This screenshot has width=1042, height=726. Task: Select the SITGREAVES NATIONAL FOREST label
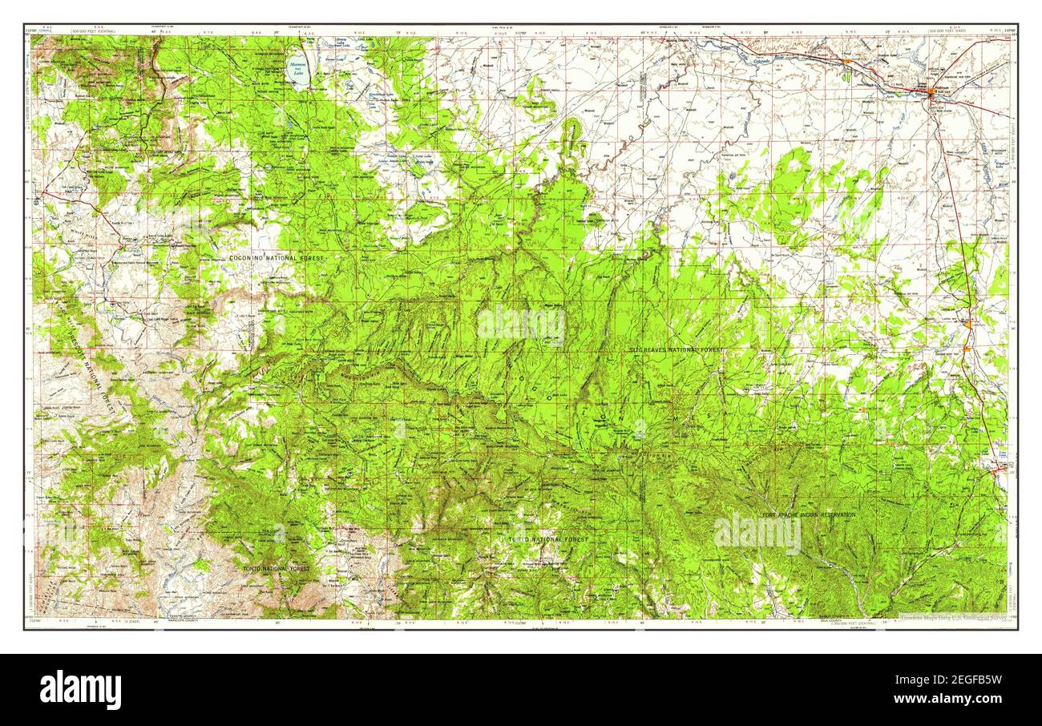tap(675, 350)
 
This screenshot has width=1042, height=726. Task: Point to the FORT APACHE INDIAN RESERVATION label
tap(809, 514)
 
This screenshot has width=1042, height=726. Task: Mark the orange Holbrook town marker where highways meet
tap(931, 92)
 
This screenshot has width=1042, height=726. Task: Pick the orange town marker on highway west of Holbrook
tap(848, 62)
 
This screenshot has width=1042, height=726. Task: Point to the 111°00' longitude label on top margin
tap(519, 32)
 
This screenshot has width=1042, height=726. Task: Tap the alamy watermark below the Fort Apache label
tap(757, 534)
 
